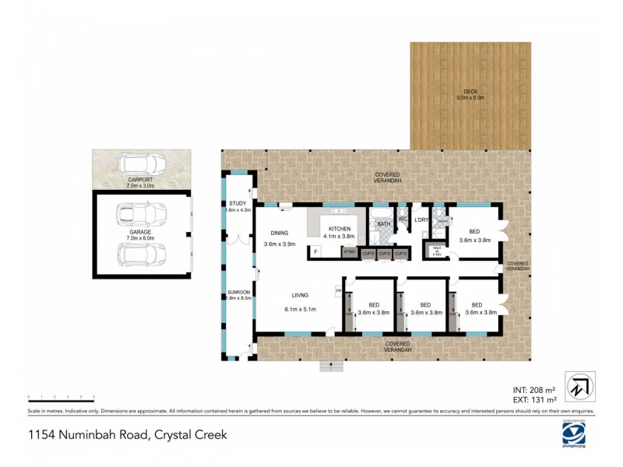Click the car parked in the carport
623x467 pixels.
tap(141, 165)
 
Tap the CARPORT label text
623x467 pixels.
tap(141, 181)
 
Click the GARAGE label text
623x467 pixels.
tap(141, 232)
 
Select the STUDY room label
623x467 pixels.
tap(238, 204)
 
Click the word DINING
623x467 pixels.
tap(280, 233)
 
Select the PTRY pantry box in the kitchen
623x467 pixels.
tap(350, 252)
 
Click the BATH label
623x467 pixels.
tap(383, 224)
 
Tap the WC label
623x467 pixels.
tap(403, 219)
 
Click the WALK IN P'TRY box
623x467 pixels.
tap(436, 251)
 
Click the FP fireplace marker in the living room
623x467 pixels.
tap(339, 290)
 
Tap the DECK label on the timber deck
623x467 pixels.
tap(470, 93)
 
